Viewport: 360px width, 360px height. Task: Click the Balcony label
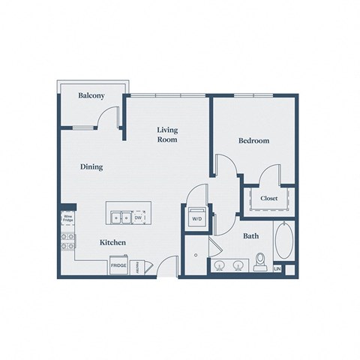(x=91, y=96)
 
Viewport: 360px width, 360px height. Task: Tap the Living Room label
(x=166, y=135)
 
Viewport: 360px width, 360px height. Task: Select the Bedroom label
(x=253, y=140)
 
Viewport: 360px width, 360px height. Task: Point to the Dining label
(x=91, y=167)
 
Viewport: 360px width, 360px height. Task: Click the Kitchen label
(x=112, y=244)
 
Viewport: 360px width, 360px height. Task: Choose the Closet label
(x=269, y=198)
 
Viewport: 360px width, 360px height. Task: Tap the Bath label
(x=250, y=236)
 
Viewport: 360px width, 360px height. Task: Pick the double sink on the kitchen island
(x=119, y=217)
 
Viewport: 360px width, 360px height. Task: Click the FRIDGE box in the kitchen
(x=118, y=266)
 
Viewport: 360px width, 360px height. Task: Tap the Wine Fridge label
(x=66, y=219)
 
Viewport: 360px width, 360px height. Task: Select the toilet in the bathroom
(x=261, y=262)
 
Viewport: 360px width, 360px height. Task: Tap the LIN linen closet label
(x=277, y=268)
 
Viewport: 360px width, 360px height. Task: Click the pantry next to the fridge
(x=137, y=266)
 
